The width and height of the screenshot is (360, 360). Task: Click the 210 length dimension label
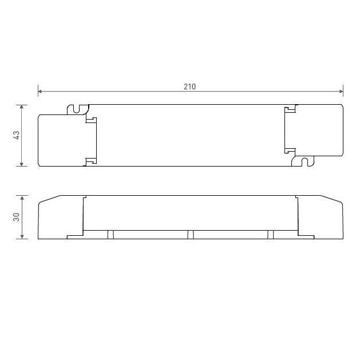(x=189, y=86)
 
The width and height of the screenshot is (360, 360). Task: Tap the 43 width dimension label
(x=17, y=135)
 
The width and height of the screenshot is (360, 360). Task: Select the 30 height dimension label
(x=17, y=217)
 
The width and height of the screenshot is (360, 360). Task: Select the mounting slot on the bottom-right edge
(x=303, y=162)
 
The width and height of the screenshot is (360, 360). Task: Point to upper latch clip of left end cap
(x=90, y=119)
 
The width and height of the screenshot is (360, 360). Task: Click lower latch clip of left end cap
(x=90, y=161)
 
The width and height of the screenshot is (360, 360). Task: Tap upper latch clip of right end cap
(x=290, y=109)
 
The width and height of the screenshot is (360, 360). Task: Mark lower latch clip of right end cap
(x=290, y=151)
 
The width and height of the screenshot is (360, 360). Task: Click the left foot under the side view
(x=111, y=234)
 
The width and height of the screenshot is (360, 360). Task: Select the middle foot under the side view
(x=191, y=234)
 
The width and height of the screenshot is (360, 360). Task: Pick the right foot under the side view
(x=270, y=234)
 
